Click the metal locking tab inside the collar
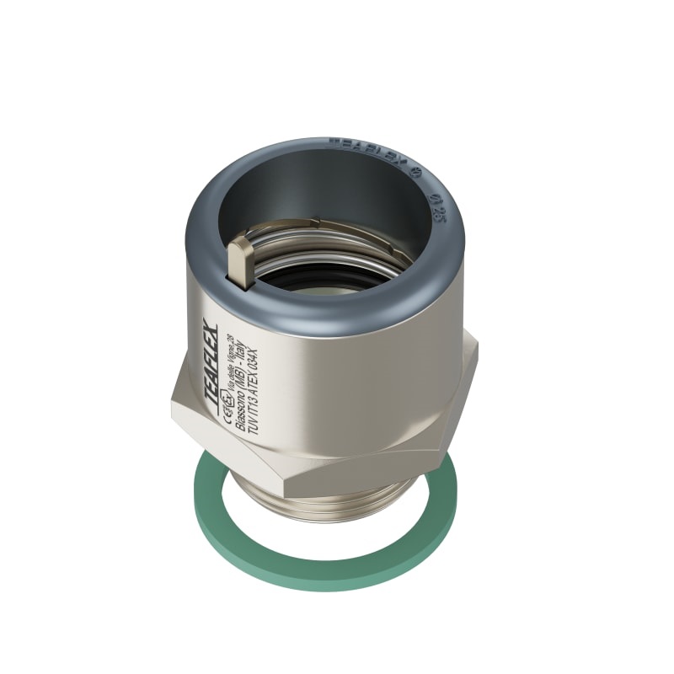[x=239, y=260]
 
